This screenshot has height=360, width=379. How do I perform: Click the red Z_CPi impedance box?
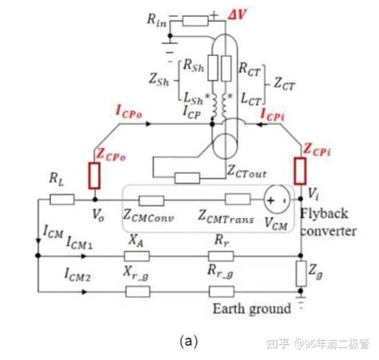click(x=302, y=170)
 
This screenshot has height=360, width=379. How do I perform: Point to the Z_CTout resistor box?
click(x=186, y=176)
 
